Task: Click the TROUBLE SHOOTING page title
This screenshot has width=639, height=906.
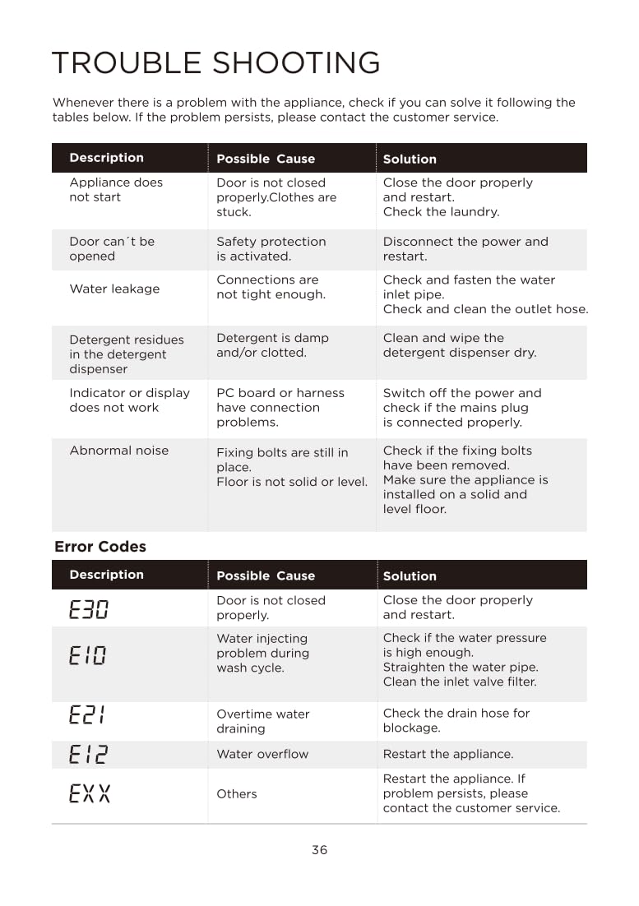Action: tap(215, 63)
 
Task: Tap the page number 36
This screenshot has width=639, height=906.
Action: tap(319, 849)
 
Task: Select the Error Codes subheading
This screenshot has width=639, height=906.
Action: tap(100, 547)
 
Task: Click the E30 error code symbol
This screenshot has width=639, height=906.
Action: tap(89, 609)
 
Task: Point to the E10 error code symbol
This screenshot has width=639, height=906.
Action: tap(88, 655)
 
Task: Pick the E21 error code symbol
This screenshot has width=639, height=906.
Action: tap(87, 715)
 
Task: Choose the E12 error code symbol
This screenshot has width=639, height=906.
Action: tap(88, 754)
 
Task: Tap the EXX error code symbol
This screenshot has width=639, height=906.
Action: tap(89, 793)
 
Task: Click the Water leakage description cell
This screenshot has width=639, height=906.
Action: tap(114, 289)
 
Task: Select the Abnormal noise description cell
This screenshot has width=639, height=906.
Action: tap(118, 451)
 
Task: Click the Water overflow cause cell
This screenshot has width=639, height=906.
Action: tap(262, 754)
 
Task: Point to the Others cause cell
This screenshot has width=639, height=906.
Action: tap(236, 793)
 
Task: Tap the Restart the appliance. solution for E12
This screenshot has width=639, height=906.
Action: tap(447, 754)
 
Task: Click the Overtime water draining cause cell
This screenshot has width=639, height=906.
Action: tap(263, 721)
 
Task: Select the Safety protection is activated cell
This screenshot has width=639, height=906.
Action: tap(271, 249)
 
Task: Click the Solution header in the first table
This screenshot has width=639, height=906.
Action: tap(410, 159)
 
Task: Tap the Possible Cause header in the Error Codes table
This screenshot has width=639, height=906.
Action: tap(265, 575)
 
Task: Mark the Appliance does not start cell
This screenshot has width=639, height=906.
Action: tap(116, 190)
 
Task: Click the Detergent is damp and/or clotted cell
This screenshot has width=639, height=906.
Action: tap(272, 345)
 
